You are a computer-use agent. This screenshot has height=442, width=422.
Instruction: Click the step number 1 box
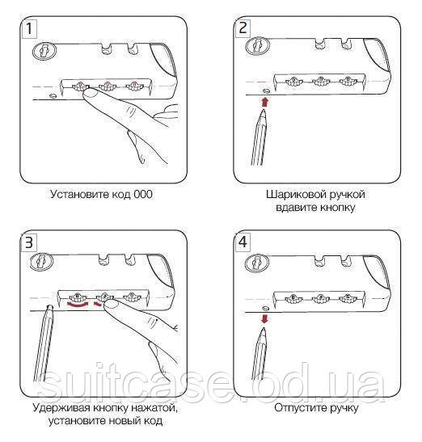(x=29, y=29)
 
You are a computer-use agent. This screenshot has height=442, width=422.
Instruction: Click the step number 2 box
(x=243, y=28)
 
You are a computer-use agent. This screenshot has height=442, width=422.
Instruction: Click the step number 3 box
(x=29, y=242)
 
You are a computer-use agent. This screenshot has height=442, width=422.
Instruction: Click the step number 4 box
(x=243, y=242)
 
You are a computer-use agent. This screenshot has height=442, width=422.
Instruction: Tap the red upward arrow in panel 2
(x=264, y=103)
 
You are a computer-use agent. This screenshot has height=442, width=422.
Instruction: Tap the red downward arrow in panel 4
(x=264, y=319)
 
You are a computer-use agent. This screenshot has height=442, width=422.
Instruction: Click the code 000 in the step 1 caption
(x=143, y=194)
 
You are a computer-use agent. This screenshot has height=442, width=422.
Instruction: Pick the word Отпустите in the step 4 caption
(x=299, y=408)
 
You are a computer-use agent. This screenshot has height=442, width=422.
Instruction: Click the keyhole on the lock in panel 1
(x=44, y=51)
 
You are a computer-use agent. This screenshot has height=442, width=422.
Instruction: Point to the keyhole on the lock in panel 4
(x=256, y=263)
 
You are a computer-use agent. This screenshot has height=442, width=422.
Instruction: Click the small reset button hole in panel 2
(x=266, y=91)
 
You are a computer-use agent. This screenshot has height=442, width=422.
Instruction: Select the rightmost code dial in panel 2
(x=348, y=81)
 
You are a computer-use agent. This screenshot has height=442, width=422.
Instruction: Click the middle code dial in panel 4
(x=321, y=298)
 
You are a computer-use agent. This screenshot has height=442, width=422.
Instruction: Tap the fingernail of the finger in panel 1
(x=91, y=93)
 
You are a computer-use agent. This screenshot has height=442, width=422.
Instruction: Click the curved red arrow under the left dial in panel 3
(x=77, y=305)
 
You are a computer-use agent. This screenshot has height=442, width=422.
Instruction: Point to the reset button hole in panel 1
(x=53, y=96)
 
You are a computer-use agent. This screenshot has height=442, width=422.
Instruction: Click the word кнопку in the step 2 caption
(x=337, y=208)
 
